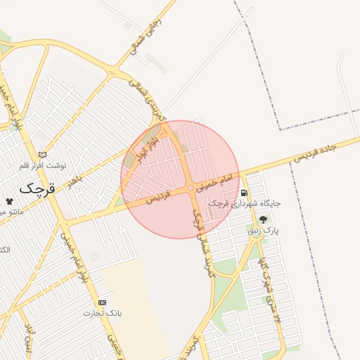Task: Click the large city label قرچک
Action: [37, 188]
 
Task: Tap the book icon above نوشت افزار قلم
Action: [42, 155]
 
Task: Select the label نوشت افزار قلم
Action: [43, 166]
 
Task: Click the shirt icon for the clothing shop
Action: [9, 200]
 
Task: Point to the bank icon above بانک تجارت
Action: [103, 302]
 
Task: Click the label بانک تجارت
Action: [103, 313]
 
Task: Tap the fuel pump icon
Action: [244, 193]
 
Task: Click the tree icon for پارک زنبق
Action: [264, 219]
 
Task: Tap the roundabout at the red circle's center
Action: [191, 188]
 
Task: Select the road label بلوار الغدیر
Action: [143, 147]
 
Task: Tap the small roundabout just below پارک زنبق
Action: [259, 236]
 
